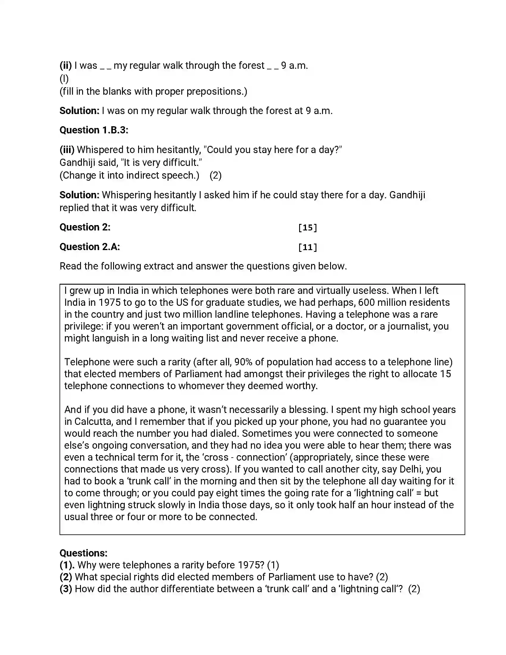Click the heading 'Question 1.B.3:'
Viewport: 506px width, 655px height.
[x=94, y=130]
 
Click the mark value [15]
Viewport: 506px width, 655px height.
[x=307, y=228]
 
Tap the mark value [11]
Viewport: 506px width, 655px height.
[x=307, y=247]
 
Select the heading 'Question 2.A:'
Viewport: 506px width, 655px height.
[x=90, y=247]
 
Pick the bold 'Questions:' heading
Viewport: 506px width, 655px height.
[x=83, y=553]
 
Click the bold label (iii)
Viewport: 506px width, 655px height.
[x=67, y=150]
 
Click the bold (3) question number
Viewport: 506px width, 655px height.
[x=66, y=589]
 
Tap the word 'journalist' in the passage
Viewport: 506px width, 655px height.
[x=408, y=326]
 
